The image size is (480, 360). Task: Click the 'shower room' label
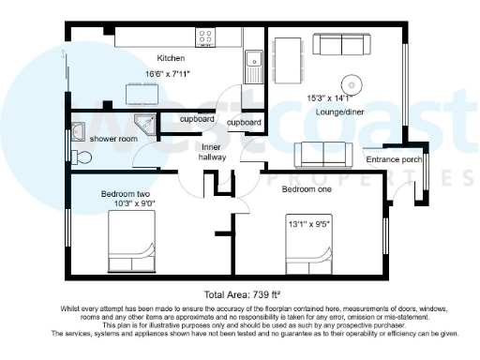tap(115, 139)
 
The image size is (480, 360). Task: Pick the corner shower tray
tap(143, 122)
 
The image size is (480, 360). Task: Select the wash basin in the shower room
tap(79, 127)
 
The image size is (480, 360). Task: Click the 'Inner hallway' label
tap(213, 153)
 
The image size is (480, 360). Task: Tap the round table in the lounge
tap(353, 82)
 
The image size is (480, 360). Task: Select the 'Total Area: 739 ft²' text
tap(239, 293)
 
